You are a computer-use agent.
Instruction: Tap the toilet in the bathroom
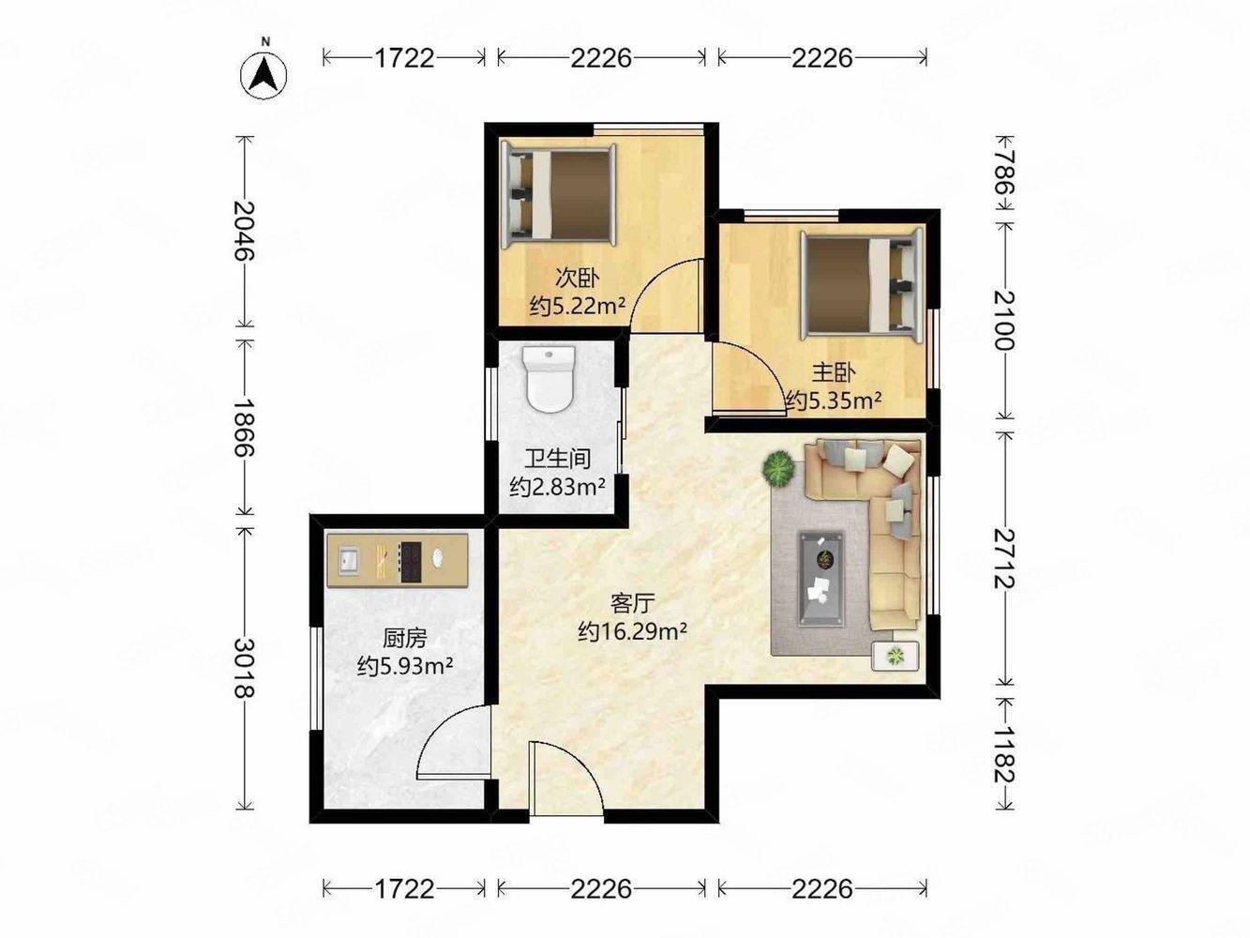[549, 378]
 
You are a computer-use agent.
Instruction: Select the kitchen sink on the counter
[347, 560]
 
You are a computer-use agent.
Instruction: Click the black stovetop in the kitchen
[410, 562]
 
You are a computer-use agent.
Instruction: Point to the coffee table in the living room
[821, 579]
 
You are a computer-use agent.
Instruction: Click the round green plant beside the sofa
[779, 469]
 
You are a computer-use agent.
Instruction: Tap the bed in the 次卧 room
[558, 195]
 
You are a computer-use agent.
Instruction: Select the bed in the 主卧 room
[861, 284]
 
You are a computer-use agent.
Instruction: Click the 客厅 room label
[633, 603]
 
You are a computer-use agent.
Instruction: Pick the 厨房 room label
[404, 639]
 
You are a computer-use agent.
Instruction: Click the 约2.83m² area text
[557, 487]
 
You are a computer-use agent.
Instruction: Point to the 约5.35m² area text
[834, 401]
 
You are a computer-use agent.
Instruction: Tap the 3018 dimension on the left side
[246, 668]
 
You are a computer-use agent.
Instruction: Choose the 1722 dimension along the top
[404, 57]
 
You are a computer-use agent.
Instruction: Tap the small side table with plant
[896, 656]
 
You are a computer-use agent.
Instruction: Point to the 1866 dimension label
[246, 427]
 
